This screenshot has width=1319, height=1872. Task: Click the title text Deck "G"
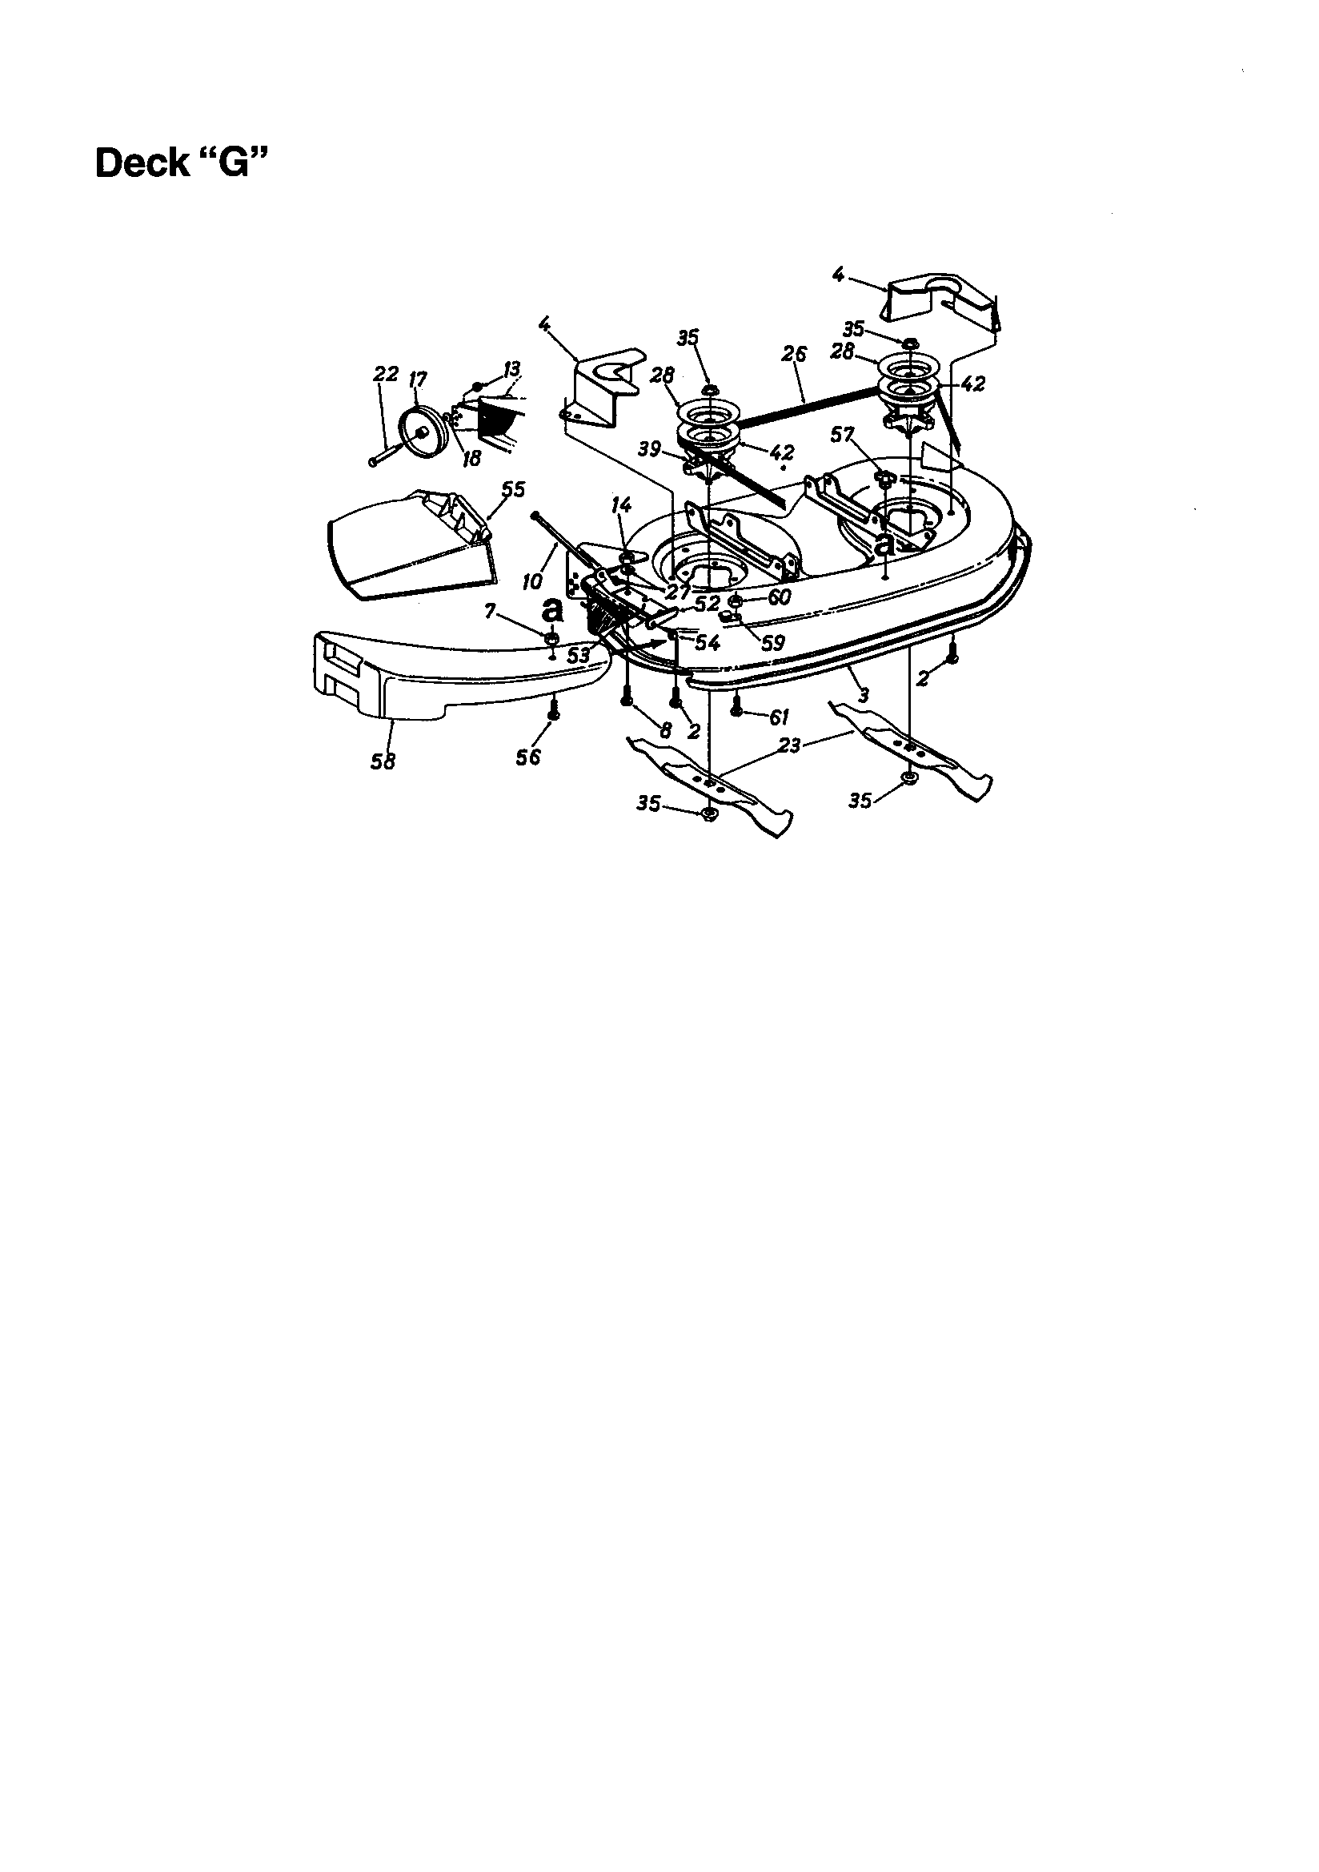click(181, 163)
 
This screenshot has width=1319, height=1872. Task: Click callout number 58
click(383, 761)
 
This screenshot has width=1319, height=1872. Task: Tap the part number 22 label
click(386, 374)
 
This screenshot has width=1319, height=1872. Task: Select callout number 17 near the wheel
click(417, 380)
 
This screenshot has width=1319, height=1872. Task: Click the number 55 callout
click(513, 489)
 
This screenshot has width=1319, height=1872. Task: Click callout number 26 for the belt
click(793, 354)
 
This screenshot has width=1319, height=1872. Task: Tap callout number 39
click(649, 449)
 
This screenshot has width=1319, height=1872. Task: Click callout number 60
click(779, 597)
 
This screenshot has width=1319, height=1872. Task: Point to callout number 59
click(772, 643)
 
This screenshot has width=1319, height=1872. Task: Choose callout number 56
click(527, 757)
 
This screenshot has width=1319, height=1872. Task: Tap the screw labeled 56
click(553, 711)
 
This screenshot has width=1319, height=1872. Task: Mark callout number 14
click(621, 505)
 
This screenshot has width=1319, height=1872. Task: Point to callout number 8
click(665, 731)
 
